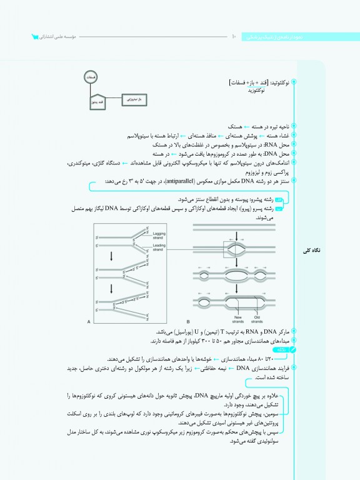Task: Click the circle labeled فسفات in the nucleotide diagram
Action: (91, 76)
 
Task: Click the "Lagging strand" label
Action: (159, 235)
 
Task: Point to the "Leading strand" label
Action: (159, 248)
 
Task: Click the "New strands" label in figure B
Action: (237, 319)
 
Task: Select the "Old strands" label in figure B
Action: (258, 319)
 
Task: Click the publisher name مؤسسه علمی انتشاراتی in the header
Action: (57, 37)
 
